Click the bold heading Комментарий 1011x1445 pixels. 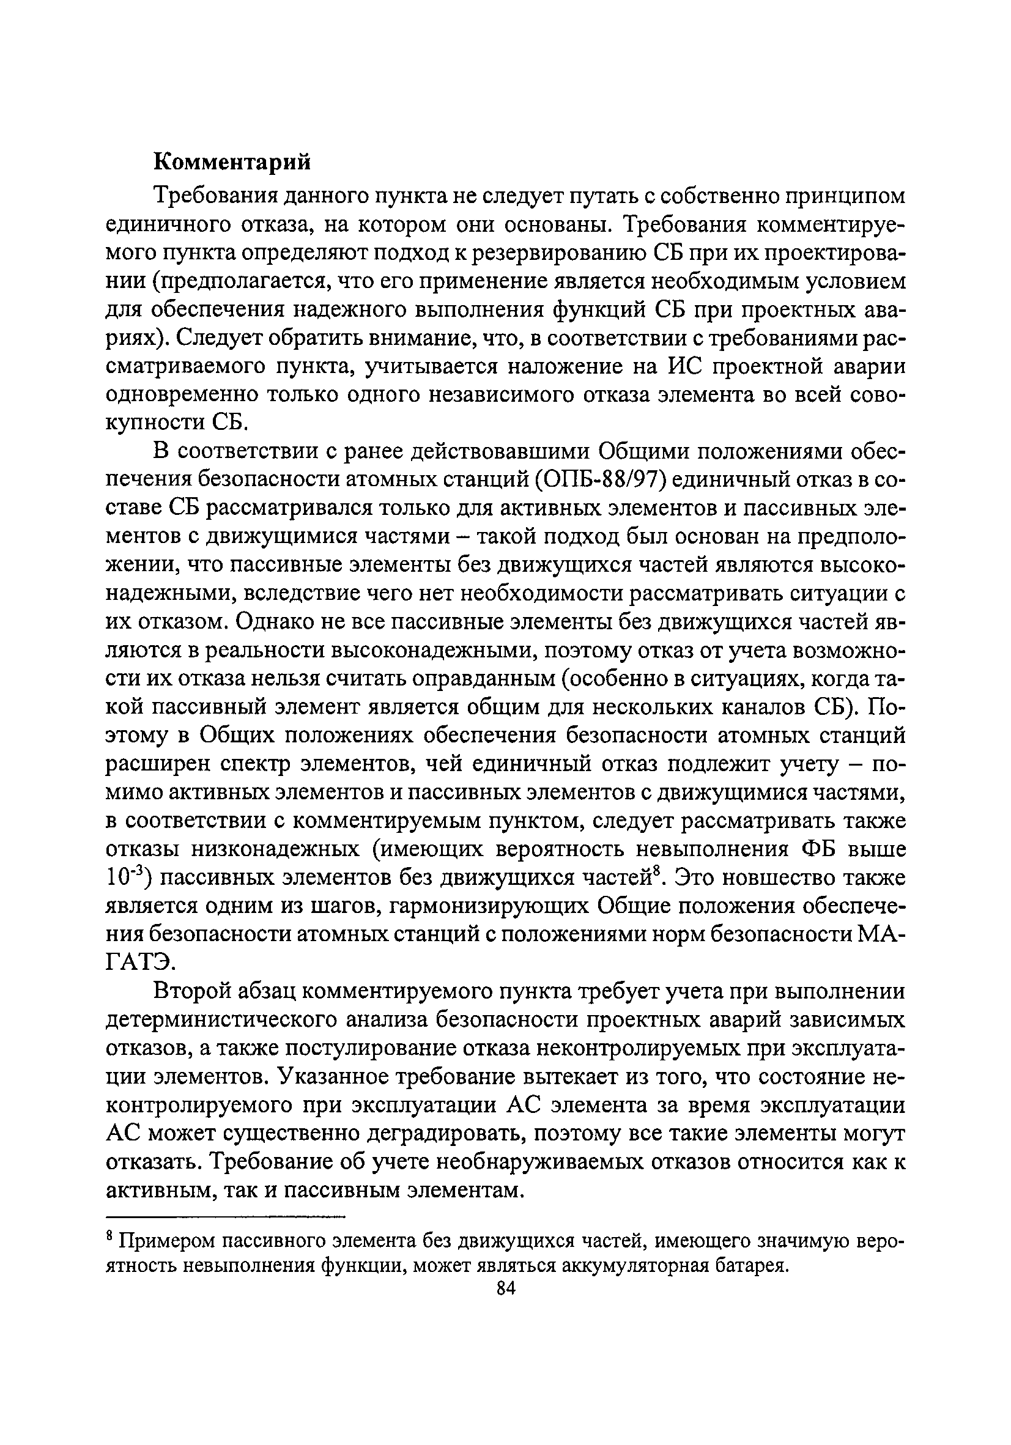(x=232, y=163)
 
